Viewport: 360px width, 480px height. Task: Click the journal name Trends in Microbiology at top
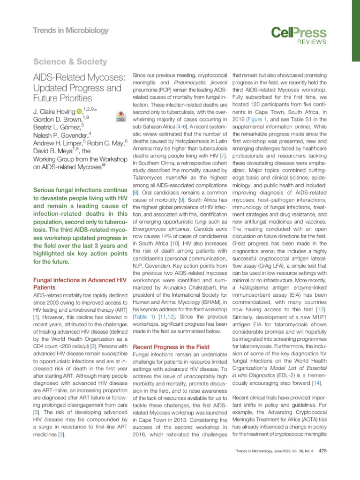[x=70, y=31]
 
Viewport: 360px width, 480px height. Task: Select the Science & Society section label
[x=70, y=62]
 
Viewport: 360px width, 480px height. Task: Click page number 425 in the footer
[x=322, y=465]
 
